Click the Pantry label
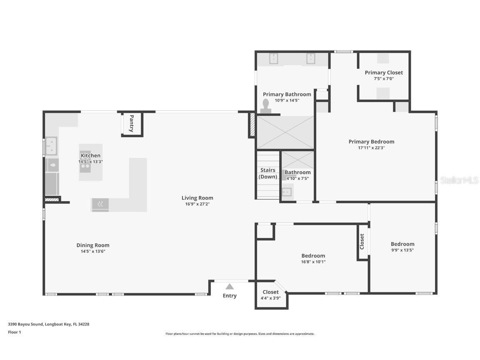click(132, 124)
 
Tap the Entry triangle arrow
click(230, 286)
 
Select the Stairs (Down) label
click(268, 173)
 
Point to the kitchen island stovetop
click(85, 166)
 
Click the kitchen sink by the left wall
click(51, 146)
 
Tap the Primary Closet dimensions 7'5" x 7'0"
click(384, 78)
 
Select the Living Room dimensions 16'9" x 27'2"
click(197, 204)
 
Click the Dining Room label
click(93, 245)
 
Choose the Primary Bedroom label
click(371, 142)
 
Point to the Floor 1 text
click(14, 332)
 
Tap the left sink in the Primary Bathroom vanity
click(273, 59)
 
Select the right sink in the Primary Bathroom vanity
click(311, 59)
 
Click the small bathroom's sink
click(287, 192)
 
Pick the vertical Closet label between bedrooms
click(362, 241)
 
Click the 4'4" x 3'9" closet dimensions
click(270, 298)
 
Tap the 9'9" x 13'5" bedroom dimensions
click(402, 250)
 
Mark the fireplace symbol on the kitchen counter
click(100, 204)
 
